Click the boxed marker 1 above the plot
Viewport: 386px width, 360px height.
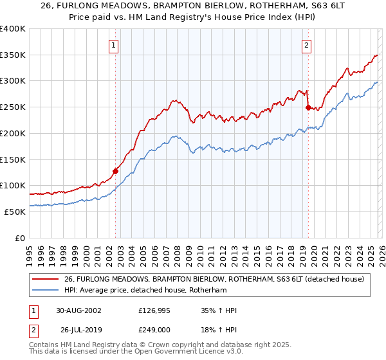point(113,45)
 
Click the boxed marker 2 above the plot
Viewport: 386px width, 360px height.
point(306,45)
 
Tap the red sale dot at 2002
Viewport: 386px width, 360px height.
point(116,171)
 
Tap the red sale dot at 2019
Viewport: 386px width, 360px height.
point(308,107)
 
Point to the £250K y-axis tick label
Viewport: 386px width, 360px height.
point(13,107)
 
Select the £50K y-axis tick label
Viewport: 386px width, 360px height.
point(15,212)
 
